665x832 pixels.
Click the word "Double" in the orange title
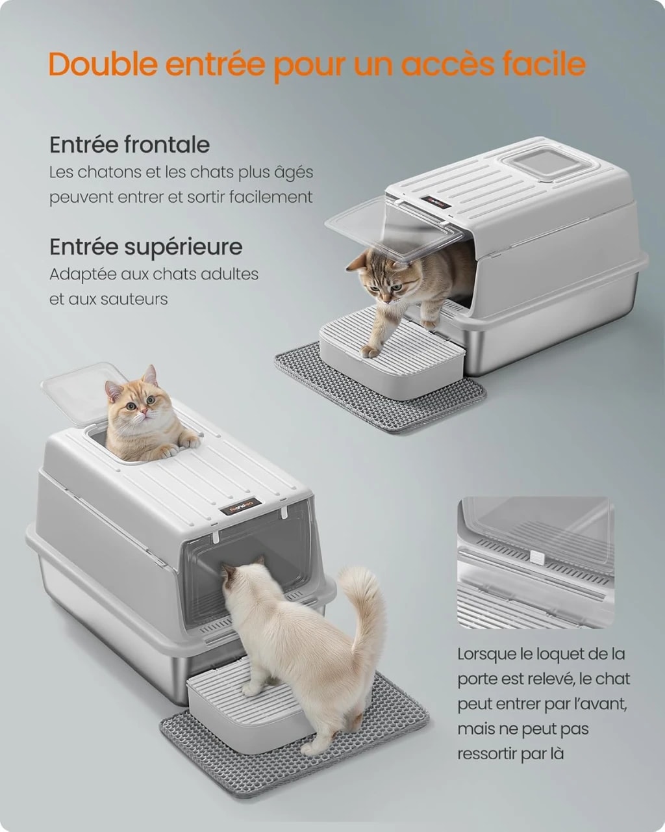point(103,64)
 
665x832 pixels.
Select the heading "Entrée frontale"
point(129,145)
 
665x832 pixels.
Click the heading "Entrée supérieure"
point(146,248)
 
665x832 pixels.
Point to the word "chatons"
point(109,172)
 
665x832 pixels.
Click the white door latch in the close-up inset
point(538,558)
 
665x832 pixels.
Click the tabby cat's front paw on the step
point(369,351)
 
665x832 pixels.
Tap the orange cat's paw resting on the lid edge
point(190,439)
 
